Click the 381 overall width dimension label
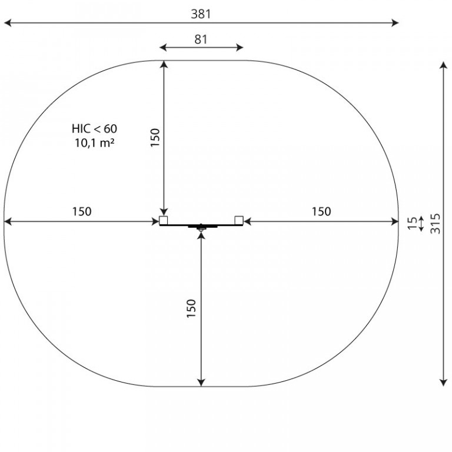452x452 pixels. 201,14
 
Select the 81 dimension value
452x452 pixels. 201,39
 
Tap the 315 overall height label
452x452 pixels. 436,224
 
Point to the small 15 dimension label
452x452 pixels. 413,224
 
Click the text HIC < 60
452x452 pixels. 94,128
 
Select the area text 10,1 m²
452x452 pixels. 95,142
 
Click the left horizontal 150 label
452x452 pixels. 82,211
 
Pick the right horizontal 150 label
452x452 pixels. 321,211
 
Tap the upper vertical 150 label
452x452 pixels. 155,138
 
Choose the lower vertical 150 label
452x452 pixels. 191,309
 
